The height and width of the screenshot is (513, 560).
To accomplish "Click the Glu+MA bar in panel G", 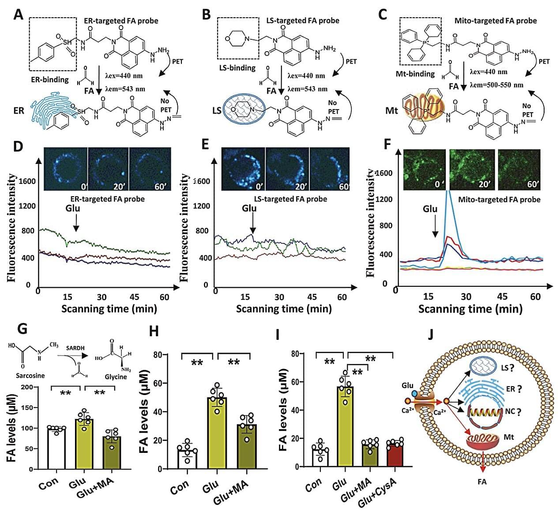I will [112, 452].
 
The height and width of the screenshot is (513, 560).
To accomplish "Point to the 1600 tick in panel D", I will [27, 181].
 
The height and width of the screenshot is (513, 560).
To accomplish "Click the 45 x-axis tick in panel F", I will [502, 297].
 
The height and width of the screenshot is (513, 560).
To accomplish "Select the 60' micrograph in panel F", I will [519, 169].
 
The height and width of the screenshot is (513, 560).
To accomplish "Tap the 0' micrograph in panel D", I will [66, 169].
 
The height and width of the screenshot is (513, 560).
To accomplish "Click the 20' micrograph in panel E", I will [287, 169].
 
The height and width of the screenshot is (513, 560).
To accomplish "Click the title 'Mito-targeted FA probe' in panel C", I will [496, 21].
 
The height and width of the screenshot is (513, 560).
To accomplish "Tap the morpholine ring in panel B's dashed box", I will [238, 39].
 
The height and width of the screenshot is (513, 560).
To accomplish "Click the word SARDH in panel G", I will [75, 348].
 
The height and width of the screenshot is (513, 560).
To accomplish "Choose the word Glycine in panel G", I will [116, 377].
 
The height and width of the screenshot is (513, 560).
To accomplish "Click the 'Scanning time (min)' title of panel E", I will [284, 308].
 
